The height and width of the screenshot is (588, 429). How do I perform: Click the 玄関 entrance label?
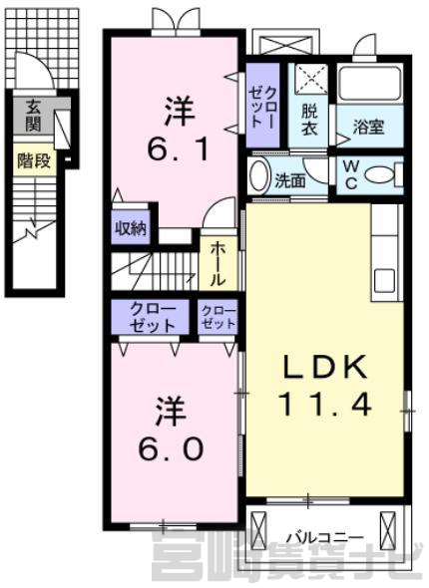coord(33,116)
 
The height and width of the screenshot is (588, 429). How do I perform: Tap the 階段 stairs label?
coord(34,161)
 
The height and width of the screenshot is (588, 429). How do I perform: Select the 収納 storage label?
coord(131,227)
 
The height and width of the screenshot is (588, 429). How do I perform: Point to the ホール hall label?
coord(218,264)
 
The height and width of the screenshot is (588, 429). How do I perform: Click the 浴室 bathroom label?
coord(368,127)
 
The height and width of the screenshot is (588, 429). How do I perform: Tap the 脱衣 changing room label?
coord(309,120)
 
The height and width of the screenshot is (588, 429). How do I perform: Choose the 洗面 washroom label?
coord(289,181)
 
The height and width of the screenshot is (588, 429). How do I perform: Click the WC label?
coord(351,174)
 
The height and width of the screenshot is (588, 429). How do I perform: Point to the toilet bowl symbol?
coord(381,174)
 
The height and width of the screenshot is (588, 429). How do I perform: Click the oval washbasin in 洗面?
coord(259,175)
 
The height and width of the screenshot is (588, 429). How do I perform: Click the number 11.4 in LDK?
coord(324,405)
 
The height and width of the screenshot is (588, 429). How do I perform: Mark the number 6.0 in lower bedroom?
coord(171,448)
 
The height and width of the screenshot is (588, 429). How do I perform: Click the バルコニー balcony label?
coord(325,538)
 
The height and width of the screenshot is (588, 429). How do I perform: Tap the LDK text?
coord(324,367)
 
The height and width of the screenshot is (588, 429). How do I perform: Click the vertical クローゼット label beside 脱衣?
coord(263,106)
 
